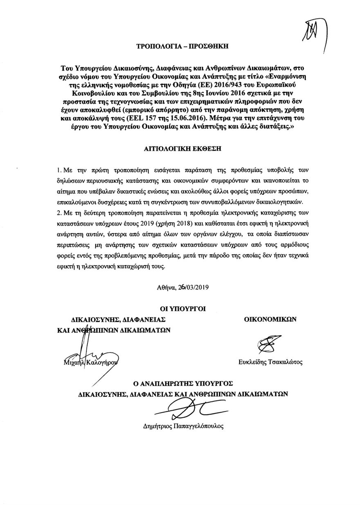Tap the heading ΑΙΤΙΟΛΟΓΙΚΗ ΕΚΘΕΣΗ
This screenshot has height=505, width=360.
[x=180, y=149]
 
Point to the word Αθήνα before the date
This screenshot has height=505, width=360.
[x=165, y=287]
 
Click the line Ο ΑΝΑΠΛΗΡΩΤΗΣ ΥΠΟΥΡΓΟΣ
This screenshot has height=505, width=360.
[x=180, y=384]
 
